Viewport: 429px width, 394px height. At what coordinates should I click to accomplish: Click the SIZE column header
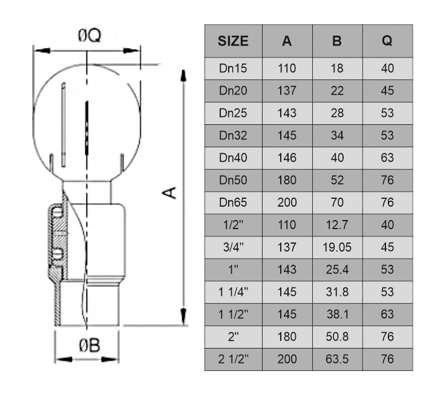[233, 41]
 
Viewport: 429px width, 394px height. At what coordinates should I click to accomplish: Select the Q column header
[387, 41]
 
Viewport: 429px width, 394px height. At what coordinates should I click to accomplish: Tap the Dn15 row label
[233, 68]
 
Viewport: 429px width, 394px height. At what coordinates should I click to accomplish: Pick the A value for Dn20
[287, 91]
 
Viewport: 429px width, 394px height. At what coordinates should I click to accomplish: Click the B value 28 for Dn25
[337, 113]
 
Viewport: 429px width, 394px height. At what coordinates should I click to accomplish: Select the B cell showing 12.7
[337, 225]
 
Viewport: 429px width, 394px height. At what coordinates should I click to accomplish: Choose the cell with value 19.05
[337, 247]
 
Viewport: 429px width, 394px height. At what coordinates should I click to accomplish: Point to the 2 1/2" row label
[233, 359]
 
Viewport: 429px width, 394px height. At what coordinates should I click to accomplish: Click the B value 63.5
[337, 359]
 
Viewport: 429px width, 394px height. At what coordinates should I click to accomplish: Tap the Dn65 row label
[233, 202]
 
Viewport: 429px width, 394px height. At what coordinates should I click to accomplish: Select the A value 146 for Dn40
[287, 158]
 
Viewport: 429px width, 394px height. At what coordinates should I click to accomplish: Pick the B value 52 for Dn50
[337, 180]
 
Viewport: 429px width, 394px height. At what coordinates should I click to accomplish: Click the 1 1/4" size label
[233, 292]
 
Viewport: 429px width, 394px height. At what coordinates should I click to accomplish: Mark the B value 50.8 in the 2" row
[337, 336]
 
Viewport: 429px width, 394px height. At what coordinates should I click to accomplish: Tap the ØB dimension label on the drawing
[89, 346]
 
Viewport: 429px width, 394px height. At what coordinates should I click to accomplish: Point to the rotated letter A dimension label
[171, 193]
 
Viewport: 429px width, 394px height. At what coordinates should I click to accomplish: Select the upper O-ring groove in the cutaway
[56, 213]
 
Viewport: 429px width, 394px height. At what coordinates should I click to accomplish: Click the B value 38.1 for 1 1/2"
[337, 315]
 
